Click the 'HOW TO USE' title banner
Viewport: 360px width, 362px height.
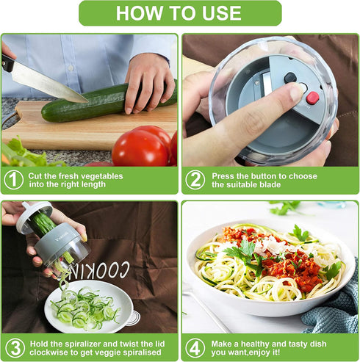click(x=180, y=13)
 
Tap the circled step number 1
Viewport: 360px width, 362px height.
click(x=14, y=180)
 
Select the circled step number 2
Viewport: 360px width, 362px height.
click(x=195, y=180)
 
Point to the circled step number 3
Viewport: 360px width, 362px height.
click(x=14, y=347)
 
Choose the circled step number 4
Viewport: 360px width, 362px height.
click(x=195, y=347)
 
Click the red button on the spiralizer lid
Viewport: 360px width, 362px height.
click(x=312, y=98)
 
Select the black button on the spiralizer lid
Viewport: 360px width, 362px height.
click(x=290, y=77)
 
